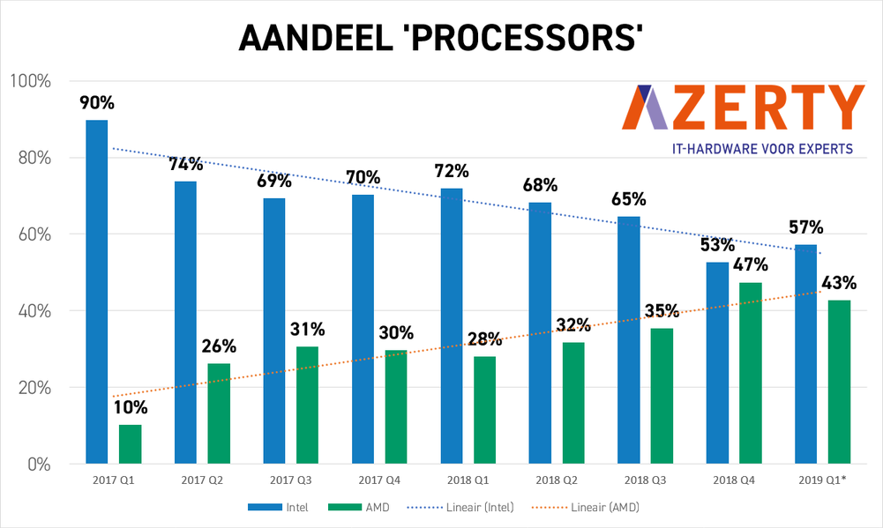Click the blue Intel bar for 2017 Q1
[96, 291]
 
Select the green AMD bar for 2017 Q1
[130, 443]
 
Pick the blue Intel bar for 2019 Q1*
[805, 353]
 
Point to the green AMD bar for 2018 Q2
[573, 402]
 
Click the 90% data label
[97, 103]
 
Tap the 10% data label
[130, 407]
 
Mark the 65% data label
[628, 199]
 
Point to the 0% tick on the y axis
[38, 465]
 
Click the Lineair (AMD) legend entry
[600, 508]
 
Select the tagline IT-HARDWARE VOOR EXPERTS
[750, 149]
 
